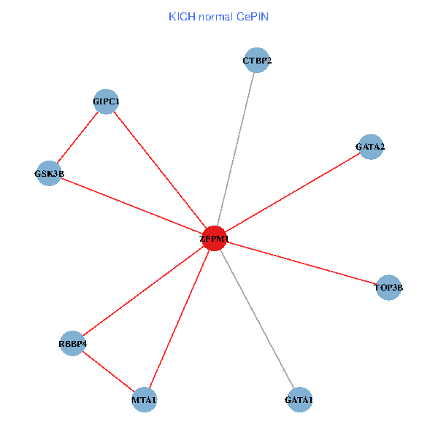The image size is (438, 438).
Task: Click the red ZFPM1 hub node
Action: point(215,238)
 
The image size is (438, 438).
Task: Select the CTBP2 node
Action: point(257,61)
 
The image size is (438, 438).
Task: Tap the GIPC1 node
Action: point(106,101)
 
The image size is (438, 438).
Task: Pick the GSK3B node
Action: point(49,174)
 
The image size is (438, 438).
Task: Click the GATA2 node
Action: point(370,147)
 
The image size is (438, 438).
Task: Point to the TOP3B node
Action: point(388,288)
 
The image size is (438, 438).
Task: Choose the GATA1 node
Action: point(299,399)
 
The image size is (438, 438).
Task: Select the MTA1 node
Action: point(144,399)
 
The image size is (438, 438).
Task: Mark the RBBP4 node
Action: point(73,343)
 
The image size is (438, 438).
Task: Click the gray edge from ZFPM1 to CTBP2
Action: point(236,150)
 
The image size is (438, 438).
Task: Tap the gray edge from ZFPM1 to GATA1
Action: point(257,318)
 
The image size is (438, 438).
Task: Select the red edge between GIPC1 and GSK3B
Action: point(77,137)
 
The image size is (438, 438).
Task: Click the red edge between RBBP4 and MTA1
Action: point(108,371)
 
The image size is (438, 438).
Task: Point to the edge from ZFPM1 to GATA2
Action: point(292,193)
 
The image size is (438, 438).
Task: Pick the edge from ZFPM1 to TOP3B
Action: point(301,263)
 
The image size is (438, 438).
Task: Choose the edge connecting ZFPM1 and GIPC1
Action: point(161,169)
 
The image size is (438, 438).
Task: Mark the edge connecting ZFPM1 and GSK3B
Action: point(131,206)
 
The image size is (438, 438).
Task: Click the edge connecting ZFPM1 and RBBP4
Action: point(144,291)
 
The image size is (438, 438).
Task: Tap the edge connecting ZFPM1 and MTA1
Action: point(179,319)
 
